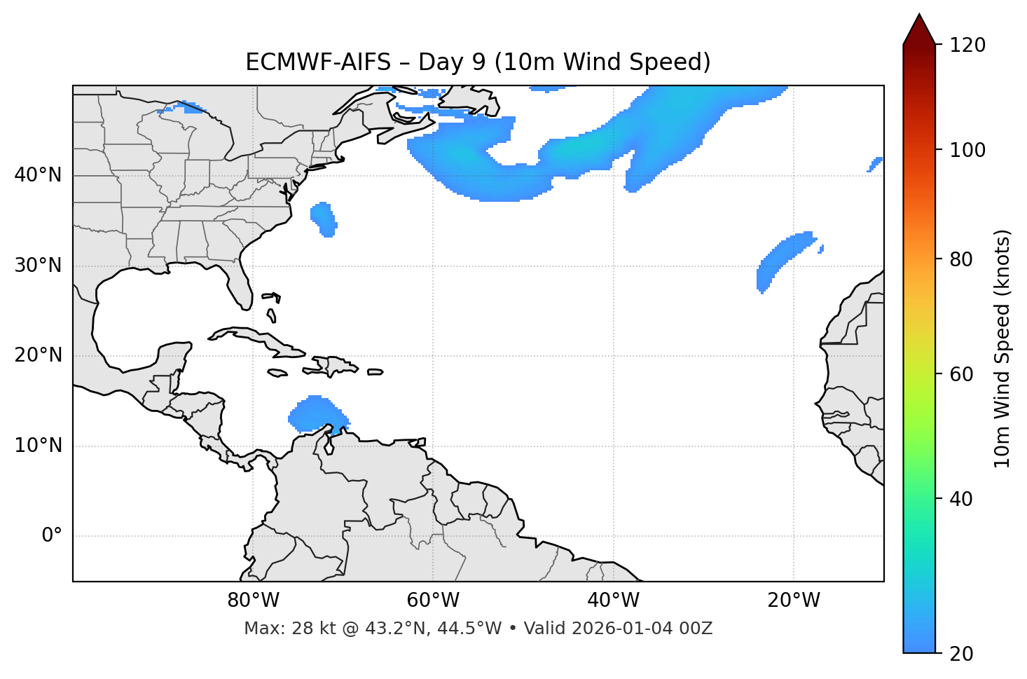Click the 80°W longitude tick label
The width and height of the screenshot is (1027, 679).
point(253,601)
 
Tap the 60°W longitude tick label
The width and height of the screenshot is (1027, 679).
point(432,601)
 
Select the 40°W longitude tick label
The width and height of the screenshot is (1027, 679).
point(613,601)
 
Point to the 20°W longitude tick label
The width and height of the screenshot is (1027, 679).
point(793,601)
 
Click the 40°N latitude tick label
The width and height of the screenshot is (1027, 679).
point(38,175)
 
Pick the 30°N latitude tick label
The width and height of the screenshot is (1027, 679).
point(38,266)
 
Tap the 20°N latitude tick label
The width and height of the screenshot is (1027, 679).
point(38,355)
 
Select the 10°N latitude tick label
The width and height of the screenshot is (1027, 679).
point(38,446)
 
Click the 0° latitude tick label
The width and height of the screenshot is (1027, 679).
point(52,536)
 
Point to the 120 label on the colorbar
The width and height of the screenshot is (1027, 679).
point(967,46)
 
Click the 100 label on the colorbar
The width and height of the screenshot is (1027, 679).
point(967,150)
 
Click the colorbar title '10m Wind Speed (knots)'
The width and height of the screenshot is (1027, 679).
point(1002,348)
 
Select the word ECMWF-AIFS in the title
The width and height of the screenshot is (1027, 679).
point(318,62)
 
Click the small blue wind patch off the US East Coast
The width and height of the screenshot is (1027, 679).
point(324,218)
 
